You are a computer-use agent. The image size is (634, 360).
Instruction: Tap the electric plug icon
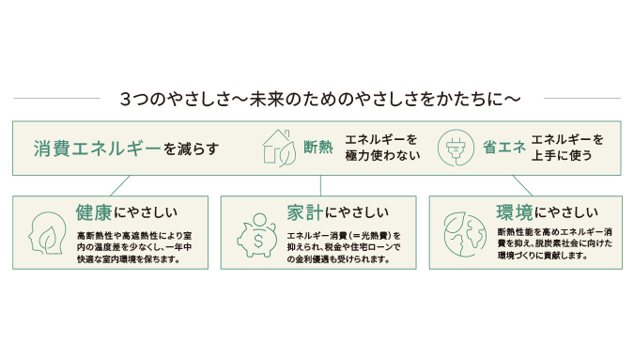pos(457,148)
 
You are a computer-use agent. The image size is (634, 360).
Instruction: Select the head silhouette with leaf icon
pos(46,231)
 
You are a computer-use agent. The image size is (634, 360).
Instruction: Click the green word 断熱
pos(317,148)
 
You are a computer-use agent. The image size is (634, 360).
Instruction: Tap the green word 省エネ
pos(503,148)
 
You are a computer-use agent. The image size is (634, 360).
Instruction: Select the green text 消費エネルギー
pos(96,149)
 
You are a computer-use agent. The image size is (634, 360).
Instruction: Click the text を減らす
pos(191,149)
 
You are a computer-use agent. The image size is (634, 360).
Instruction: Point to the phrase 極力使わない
pos(382,156)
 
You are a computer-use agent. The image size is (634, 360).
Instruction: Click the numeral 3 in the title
pos(125,99)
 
